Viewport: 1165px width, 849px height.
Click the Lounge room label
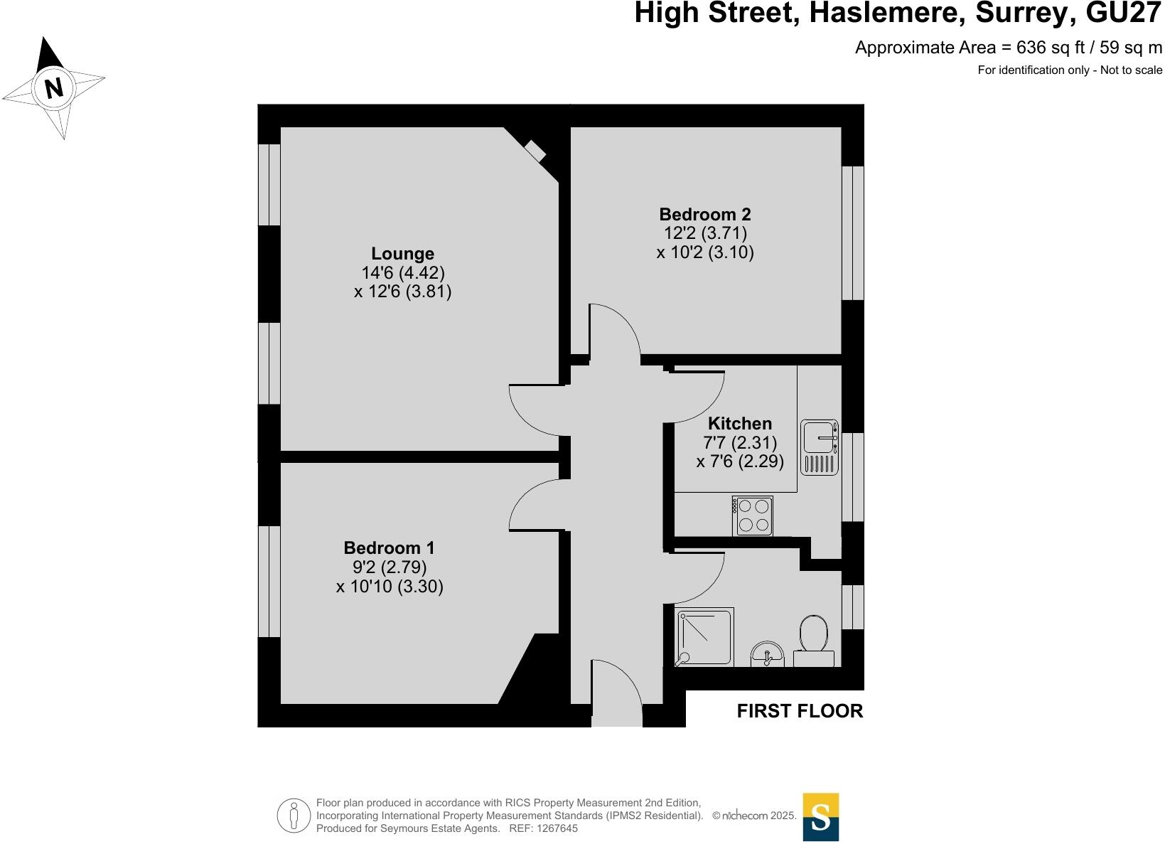(402, 254)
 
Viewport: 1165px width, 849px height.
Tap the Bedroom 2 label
(704, 214)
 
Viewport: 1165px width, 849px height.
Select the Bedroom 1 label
(389, 548)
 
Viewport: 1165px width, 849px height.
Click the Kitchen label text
(739, 424)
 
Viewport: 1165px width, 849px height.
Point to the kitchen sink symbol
(820, 447)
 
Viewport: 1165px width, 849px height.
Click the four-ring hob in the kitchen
(753, 516)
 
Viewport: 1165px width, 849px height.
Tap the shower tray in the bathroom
(704, 637)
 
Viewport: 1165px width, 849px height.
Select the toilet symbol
(814, 639)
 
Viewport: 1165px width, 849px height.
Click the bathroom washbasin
(767, 653)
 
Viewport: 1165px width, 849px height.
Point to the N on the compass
(54, 88)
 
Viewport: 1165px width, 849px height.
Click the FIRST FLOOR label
(800, 711)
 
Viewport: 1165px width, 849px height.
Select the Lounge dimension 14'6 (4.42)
(402, 273)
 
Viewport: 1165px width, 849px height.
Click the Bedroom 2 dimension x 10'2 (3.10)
(704, 252)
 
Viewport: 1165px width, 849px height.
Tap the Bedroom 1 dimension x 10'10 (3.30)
(390, 587)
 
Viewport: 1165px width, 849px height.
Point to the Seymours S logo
(820, 817)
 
